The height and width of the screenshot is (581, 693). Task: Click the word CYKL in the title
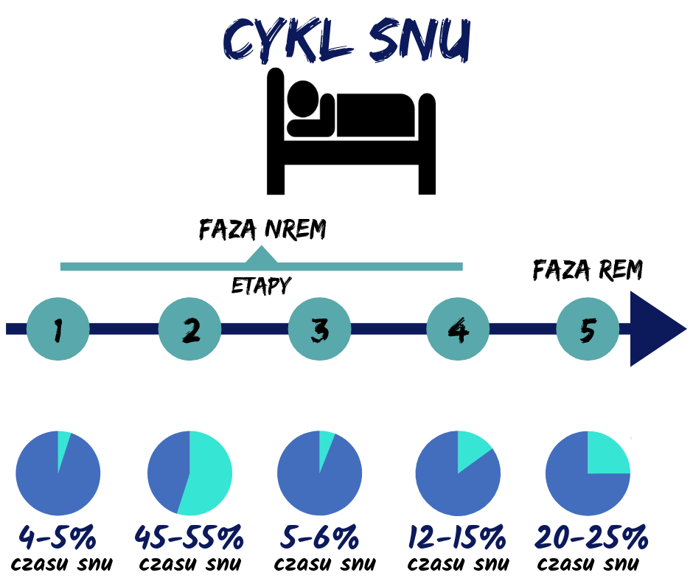[288, 39]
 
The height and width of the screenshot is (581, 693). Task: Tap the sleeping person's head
[303, 99]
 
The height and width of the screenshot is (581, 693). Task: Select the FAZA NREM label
[262, 229]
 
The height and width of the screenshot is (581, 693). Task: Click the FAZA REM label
[588, 270]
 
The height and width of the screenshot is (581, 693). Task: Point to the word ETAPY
[261, 285]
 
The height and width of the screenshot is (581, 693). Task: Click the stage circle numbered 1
[58, 329]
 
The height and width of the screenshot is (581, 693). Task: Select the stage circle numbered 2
[190, 329]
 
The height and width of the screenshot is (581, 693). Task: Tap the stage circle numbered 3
[319, 329]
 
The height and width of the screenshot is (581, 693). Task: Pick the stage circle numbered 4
[458, 329]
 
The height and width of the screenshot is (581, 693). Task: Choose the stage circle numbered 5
[588, 329]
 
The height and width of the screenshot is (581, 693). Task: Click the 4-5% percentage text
[58, 537]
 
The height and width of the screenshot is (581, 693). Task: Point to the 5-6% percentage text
[319, 537]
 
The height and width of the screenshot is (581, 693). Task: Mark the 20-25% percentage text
[591, 537]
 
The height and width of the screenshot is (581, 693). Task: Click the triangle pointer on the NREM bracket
[262, 254]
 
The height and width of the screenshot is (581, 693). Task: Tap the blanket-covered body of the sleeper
[376, 115]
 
